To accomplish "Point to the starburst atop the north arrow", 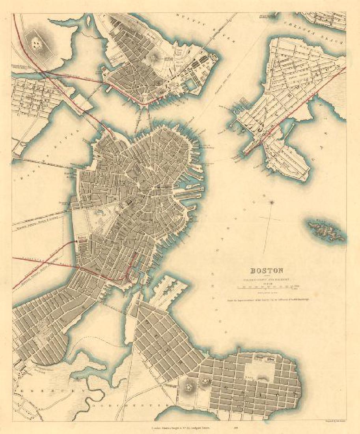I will pos(272,202).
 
